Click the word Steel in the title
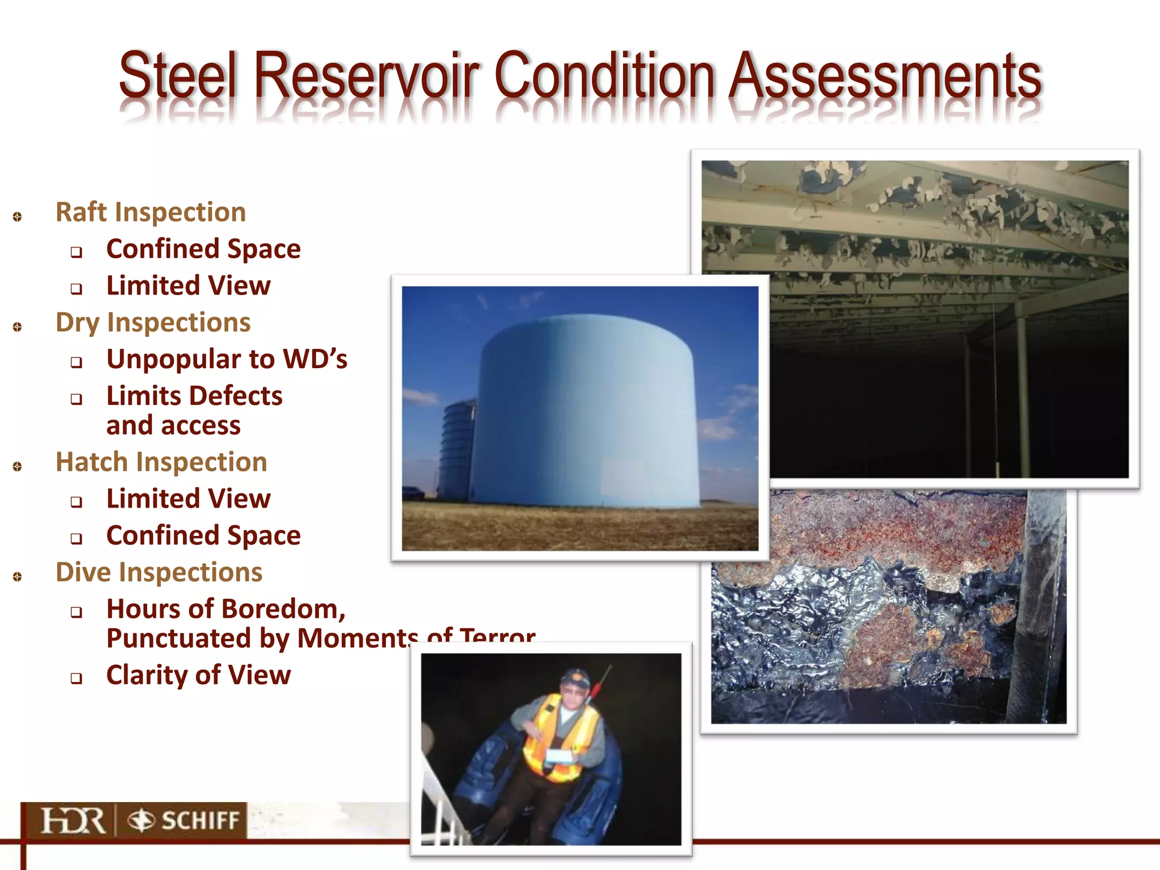(177, 75)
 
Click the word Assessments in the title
(885, 75)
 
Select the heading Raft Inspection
(151, 212)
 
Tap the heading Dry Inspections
(153, 323)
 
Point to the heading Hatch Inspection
(161, 462)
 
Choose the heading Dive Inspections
(159, 573)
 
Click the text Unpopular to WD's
(227, 359)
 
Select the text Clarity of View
(198, 675)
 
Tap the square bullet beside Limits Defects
(76, 399)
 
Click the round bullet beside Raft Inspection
(18, 216)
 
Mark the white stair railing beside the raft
(439, 804)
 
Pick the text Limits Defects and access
(194, 411)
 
